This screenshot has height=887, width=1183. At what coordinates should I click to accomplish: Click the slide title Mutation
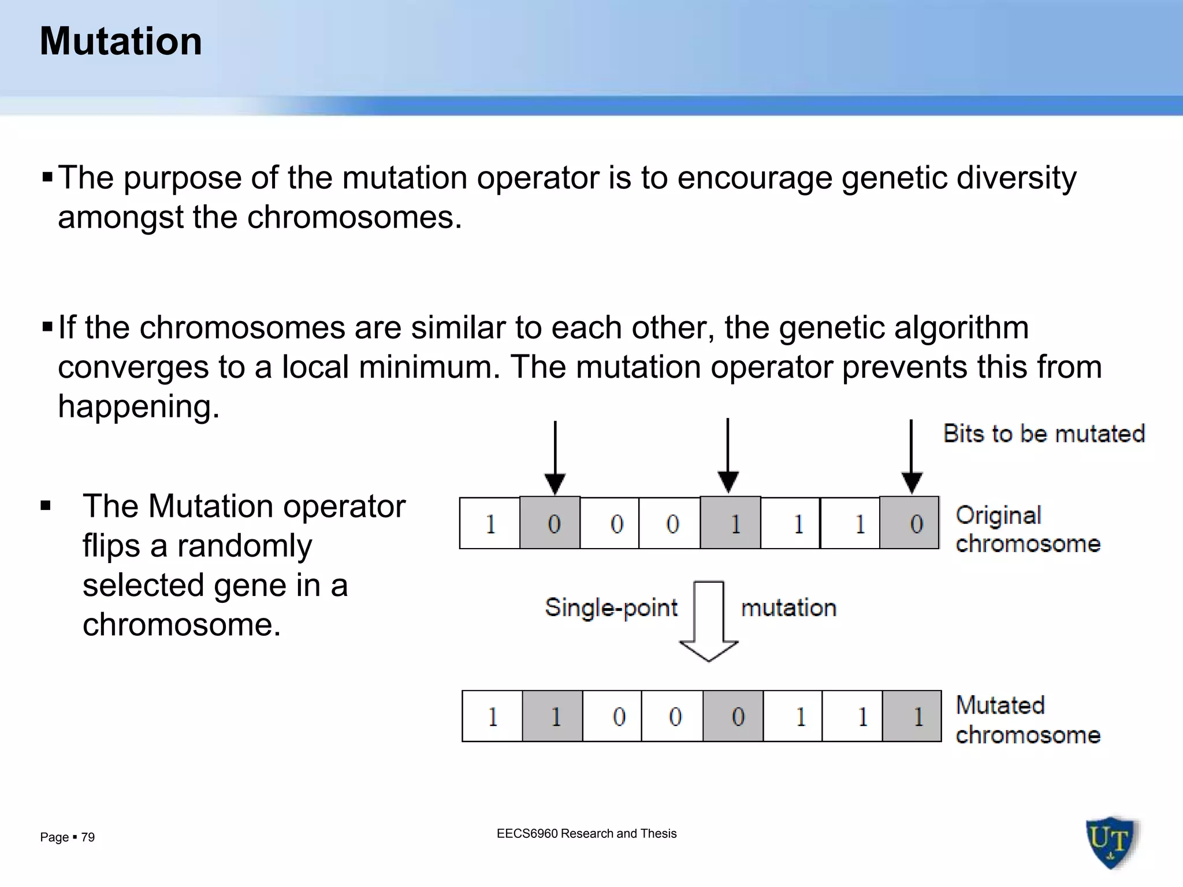coord(121,42)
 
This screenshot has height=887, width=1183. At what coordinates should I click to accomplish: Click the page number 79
coord(88,837)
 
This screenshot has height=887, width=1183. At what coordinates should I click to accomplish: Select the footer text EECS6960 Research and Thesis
coord(586,833)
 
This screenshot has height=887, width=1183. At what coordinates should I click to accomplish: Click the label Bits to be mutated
coord(1044,434)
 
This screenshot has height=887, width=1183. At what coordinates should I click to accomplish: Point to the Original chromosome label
coord(1028,529)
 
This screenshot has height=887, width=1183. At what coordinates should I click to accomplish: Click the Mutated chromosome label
coord(1028,720)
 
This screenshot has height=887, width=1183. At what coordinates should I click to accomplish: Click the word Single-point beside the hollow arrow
coord(611,608)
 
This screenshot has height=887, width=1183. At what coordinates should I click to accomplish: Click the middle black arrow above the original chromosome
coord(728,456)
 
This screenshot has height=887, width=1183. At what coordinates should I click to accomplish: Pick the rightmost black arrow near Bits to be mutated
coord(912,457)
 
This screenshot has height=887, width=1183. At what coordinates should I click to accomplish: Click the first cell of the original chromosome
coord(490,523)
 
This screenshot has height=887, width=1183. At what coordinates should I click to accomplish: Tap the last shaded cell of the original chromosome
coord(910,523)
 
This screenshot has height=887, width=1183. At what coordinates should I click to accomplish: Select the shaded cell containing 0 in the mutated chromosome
coord(733,716)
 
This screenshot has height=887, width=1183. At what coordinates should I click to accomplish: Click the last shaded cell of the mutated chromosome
coord(912,716)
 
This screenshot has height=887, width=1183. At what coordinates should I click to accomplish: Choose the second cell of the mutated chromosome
coord(553,716)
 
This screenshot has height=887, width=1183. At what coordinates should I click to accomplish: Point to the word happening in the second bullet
coord(139,407)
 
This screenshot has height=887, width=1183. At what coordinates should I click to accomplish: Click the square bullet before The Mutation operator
coord(46,507)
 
